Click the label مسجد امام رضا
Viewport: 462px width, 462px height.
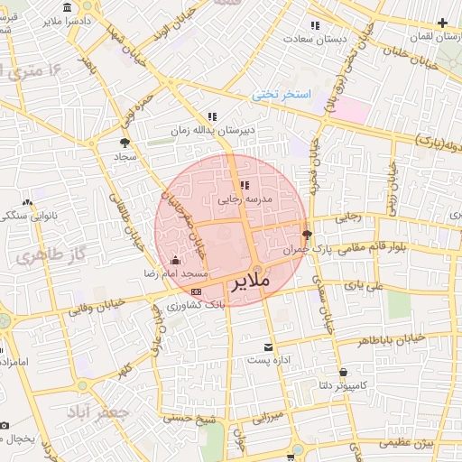point(176,273)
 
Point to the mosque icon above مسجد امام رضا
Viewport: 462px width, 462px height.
point(175,260)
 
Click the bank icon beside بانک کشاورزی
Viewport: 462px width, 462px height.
point(197,291)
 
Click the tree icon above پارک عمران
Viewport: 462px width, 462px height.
point(307,233)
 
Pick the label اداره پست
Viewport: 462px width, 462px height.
point(267,361)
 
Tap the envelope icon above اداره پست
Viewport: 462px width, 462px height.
point(267,347)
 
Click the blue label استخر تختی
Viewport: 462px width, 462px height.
point(281,94)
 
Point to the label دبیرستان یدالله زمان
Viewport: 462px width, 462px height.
point(213,130)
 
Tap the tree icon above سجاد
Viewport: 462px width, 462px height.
point(124,142)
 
